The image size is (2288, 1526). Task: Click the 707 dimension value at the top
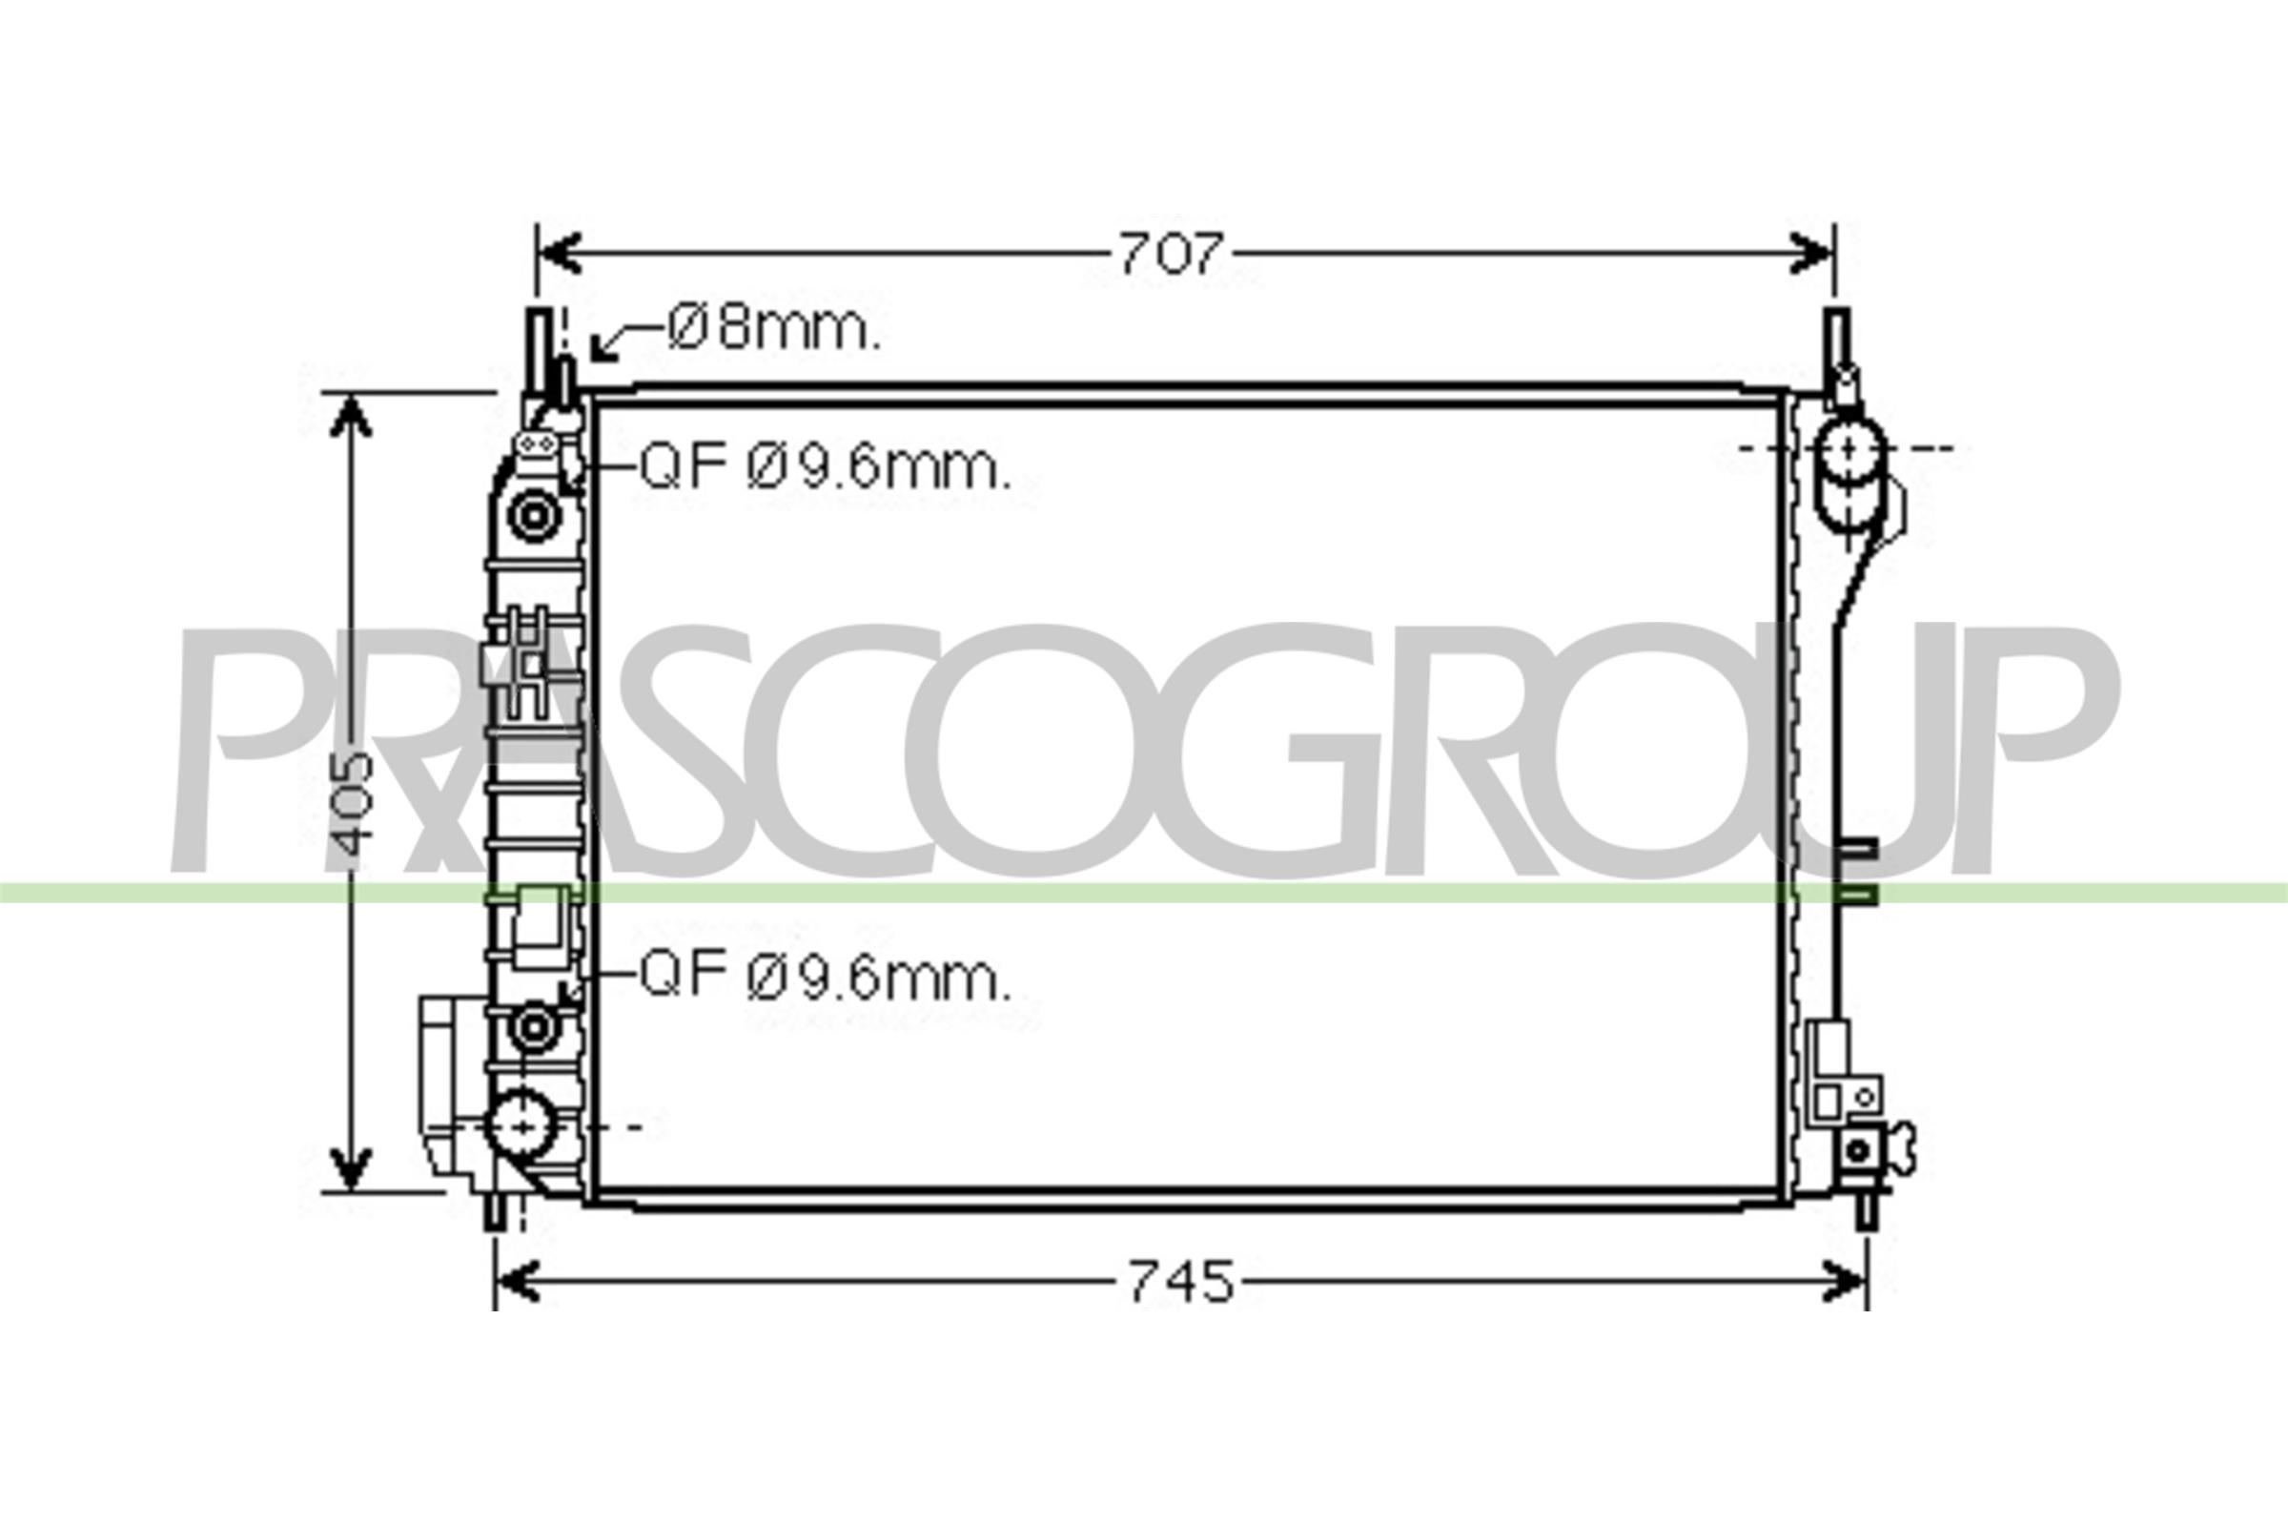click(1169, 255)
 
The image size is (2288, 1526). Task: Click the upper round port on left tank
click(533, 515)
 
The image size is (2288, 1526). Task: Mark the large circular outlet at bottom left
click(523, 1126)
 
